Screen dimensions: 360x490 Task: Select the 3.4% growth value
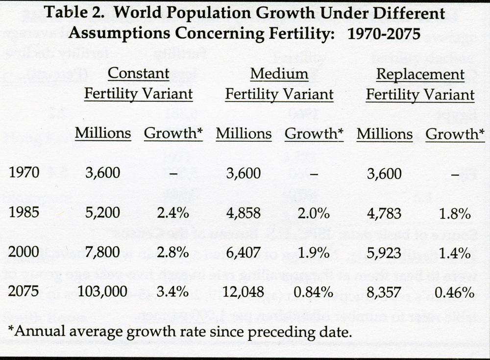tap(172, 293)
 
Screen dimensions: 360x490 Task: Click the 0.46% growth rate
tap(455, 293)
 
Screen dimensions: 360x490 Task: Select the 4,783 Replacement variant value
tap(384, 214)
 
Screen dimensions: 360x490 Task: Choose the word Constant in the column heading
tap(138, 74)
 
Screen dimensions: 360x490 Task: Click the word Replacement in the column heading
tap(420, 75)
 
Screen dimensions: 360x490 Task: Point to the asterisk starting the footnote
tap(11, 328)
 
